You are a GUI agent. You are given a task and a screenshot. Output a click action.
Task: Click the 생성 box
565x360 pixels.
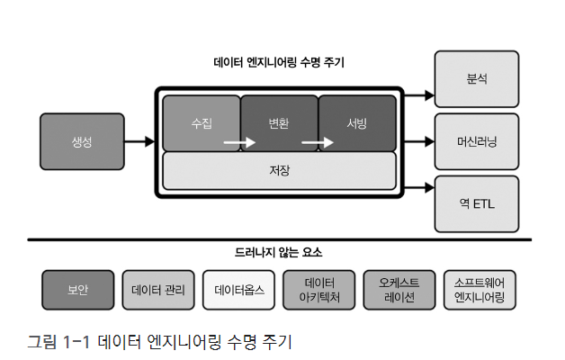tap(82, 141)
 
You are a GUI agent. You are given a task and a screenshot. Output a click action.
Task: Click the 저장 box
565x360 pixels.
tap(279, 170)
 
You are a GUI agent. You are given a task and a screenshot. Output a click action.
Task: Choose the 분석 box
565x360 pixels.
tap(477, 79)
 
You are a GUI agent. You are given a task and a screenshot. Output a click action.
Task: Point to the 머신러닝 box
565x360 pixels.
tap(477, 141)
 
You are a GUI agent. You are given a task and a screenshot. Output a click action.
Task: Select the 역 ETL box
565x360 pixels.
tap(477, 203)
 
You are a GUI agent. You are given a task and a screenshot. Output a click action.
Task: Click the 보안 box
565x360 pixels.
tap(78, 290)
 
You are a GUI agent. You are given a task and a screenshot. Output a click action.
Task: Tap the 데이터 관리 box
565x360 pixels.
tap(158, 290)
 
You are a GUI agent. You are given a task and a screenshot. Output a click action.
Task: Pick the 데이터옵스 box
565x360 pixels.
tap(238, 290)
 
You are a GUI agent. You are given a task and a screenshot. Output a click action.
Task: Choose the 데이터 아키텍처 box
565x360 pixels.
tap(318, 290)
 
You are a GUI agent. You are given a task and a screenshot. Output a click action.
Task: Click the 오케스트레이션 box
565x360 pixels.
tap(399, 290)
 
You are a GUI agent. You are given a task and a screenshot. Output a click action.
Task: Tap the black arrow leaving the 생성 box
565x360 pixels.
tap(139, 141)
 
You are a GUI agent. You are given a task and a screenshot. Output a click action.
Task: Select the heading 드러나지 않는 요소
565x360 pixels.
tap(279, 253)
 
